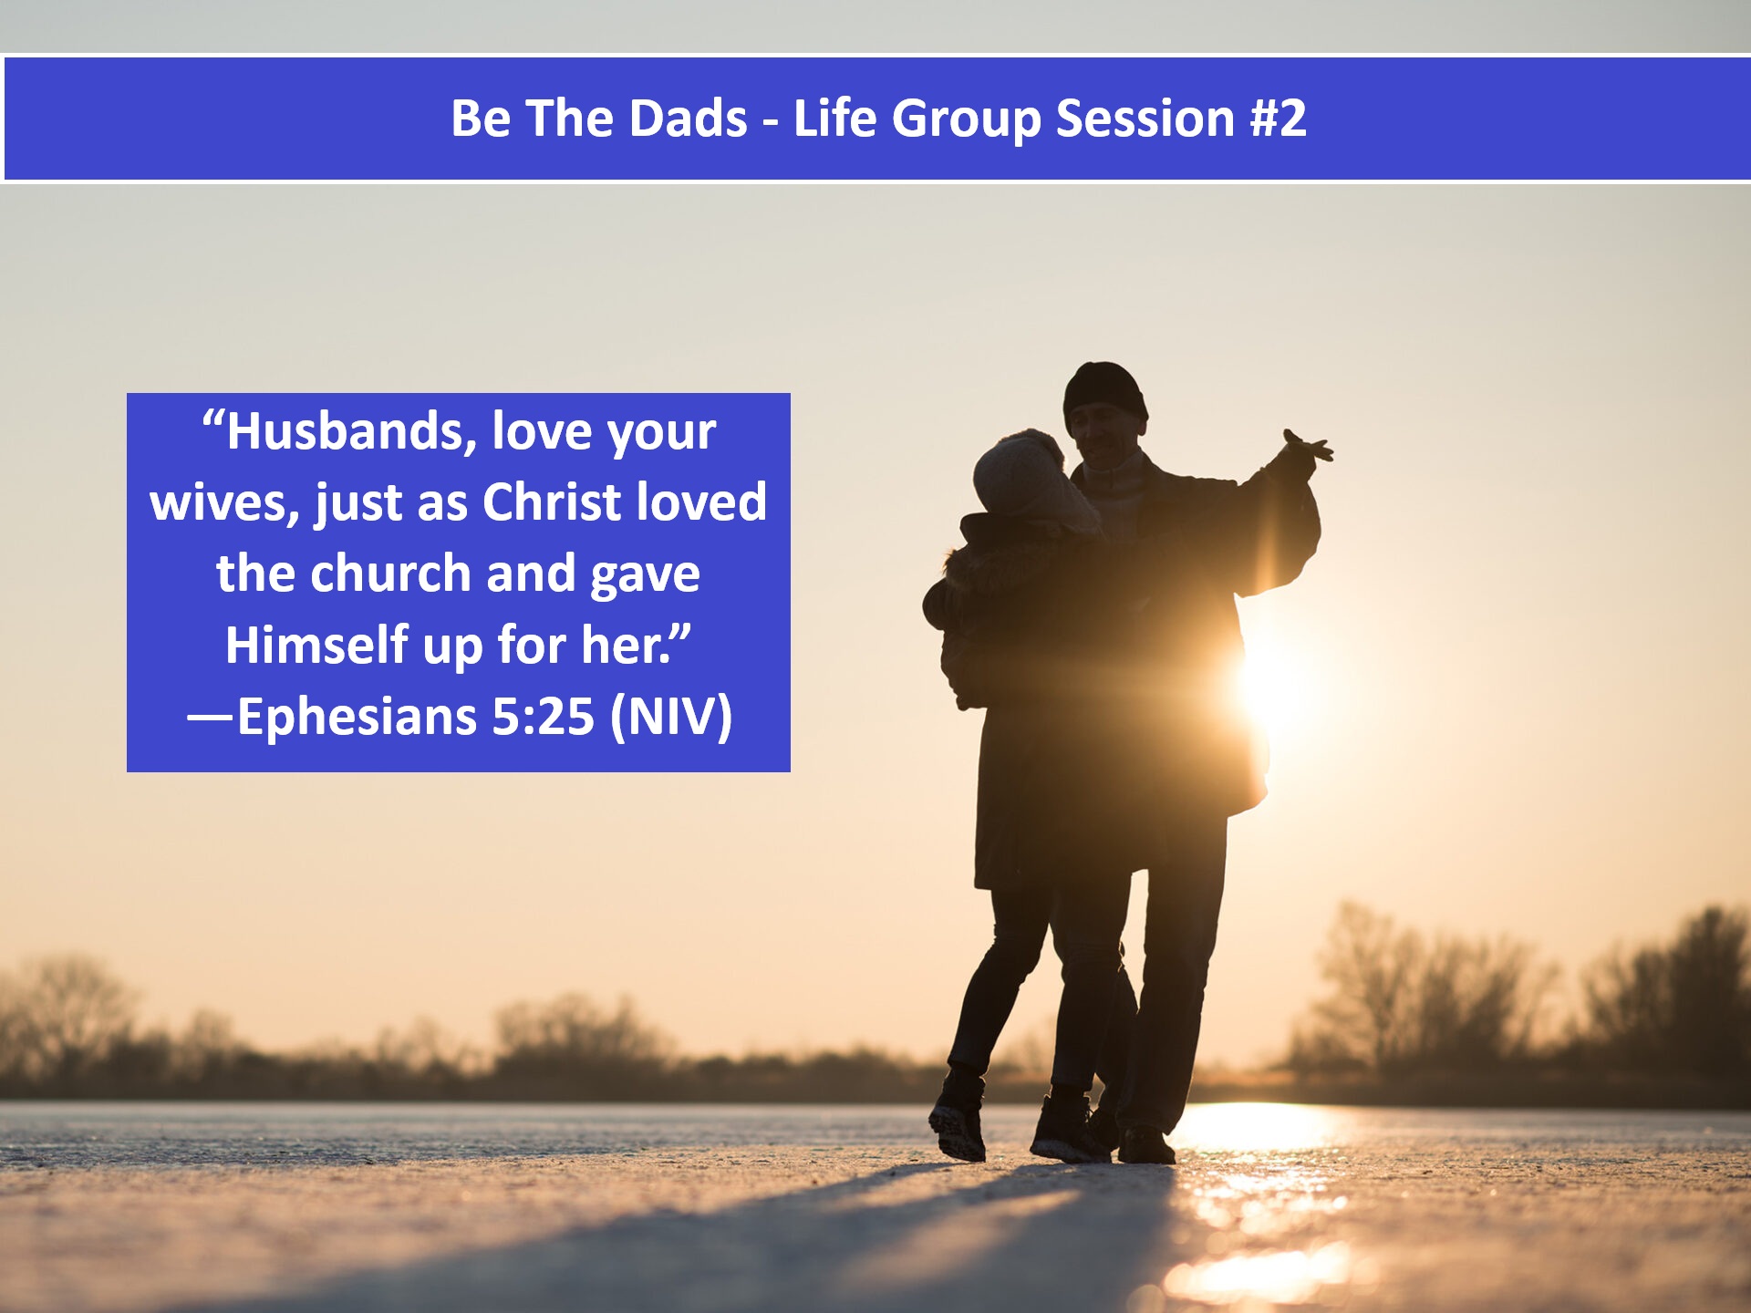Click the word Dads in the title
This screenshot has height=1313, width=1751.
[688, 119]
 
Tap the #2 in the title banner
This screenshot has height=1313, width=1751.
[1279, 119]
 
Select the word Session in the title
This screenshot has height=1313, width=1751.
[1145, 119]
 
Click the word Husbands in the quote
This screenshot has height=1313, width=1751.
[350, 431]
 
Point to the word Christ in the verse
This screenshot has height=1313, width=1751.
[552, 502]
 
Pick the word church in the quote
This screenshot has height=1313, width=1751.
[391, 574]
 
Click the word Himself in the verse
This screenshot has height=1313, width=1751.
[316, 645]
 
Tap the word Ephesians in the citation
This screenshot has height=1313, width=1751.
[357, 718]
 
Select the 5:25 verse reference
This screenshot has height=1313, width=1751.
[544, 717]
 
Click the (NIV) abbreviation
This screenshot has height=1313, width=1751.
[671, 717]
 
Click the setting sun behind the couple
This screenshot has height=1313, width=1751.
[1272, 684]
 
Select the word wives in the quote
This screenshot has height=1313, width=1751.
[225, 503]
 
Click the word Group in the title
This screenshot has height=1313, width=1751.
[966, 119]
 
